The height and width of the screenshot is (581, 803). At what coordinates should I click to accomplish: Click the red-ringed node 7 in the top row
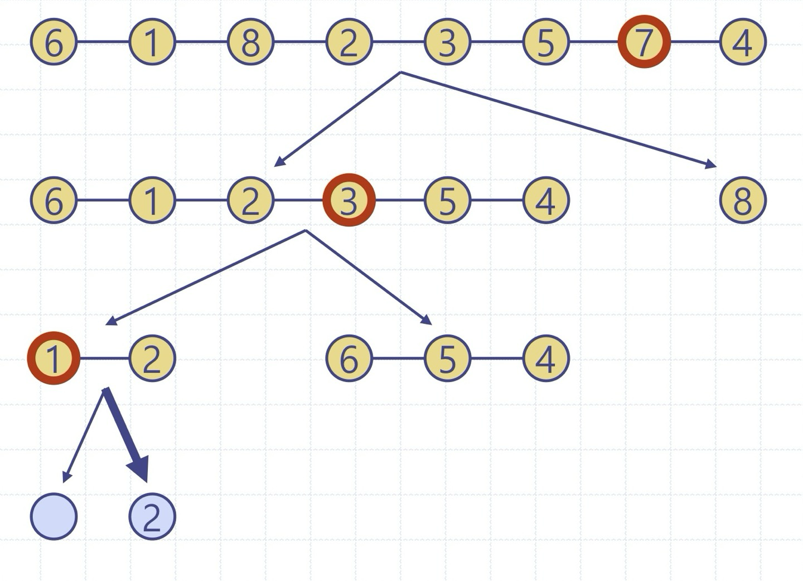tap(644, 42)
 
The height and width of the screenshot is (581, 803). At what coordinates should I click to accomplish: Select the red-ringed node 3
tap(349, 200)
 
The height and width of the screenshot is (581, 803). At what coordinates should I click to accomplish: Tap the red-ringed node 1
tap(54, 359)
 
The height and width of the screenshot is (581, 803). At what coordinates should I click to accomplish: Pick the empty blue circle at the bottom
tap(54, 516)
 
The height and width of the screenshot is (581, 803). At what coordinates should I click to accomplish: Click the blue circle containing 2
tap(152, 516)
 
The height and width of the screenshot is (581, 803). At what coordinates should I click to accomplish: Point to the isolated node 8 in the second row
tap(743, 200)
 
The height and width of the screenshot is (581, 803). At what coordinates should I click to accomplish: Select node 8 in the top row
tap(250, 42)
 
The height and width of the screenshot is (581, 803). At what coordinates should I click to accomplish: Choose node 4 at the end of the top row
tap(743, 42)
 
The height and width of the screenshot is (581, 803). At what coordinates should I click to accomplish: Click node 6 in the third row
tap(349, 359)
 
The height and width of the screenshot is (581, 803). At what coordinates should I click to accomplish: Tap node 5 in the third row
tap(447, 359)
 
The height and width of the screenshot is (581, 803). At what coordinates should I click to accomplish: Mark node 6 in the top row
tap(54, 42)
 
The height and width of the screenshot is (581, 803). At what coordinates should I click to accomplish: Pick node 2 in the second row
tap(250, 200)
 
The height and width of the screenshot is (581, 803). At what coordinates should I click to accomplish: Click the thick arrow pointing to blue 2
tap(126, 435)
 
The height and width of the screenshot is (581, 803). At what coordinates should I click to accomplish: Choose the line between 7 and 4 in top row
tap(695, 42)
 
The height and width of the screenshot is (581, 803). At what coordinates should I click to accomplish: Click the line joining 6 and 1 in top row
tap(103, 42)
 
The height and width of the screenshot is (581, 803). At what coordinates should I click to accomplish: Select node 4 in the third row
tap(545, 359)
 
